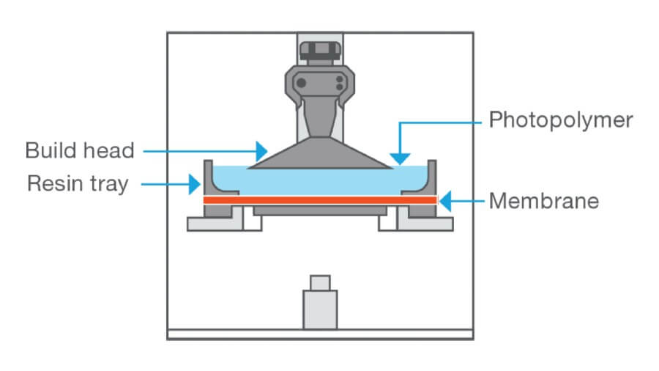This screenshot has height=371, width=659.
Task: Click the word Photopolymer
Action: click(x=560, y=119)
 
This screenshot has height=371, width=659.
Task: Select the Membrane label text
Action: click(x=544, y=199)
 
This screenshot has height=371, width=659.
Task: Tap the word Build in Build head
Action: click(x=51, y=151)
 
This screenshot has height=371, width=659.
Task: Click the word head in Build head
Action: click(x=108, y=151)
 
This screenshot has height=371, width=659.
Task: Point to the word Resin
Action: click(x=53, y=183)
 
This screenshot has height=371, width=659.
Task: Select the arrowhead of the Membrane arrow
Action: click(x=444, y=199)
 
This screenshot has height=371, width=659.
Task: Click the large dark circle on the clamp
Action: click(x=302, y=82)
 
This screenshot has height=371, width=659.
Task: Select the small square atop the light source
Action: click(x=320, y=282)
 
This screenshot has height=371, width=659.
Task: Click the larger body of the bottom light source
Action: click(x=320, y=309)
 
